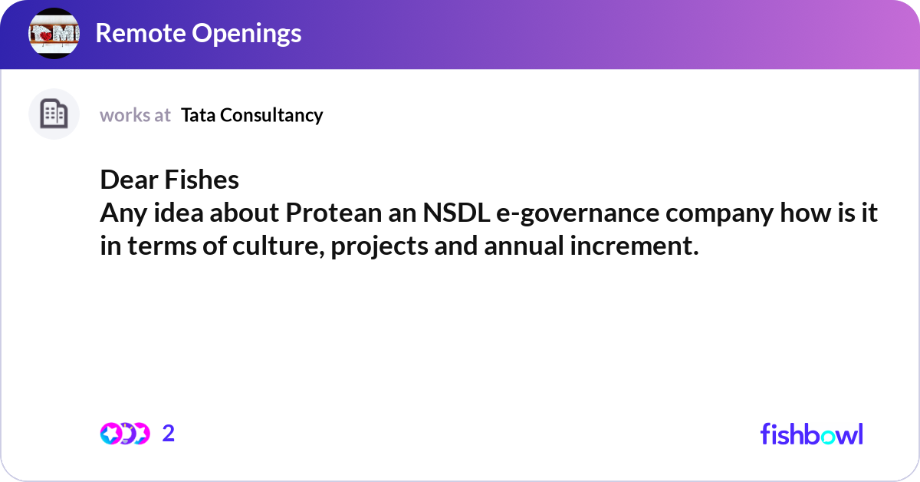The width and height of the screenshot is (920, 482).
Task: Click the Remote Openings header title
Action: click(x=198, y=33)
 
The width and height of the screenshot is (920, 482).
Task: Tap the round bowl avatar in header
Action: click(x=54, y=34)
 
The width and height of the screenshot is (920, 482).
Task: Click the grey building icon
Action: click(x=54, y=114)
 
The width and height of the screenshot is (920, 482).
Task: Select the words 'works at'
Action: click(x=135, y=115)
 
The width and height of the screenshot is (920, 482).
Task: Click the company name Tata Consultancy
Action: click(x=251, y=115)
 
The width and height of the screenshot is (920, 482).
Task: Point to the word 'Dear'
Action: click(x=128, y=180)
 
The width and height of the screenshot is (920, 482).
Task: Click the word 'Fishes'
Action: click(x=202, y=180)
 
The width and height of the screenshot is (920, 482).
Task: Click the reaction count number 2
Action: click(x=169, y=434)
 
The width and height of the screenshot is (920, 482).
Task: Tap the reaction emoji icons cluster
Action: click(x=124, y=434)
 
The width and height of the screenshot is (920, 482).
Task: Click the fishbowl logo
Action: click(x=811, y=434)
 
